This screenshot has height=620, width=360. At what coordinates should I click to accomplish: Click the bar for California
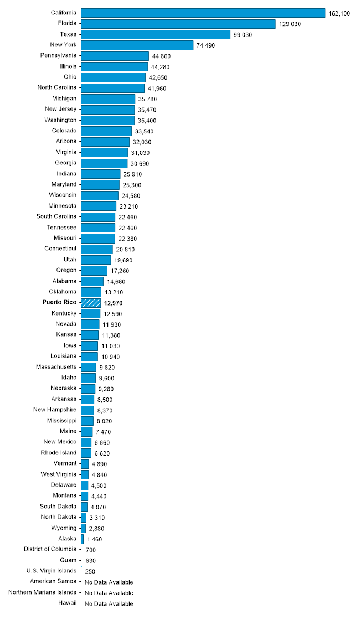(x=203, y=13)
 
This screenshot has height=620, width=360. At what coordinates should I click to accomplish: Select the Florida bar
(x=178, y=24)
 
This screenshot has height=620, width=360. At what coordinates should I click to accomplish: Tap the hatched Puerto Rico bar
(x=91, y=303)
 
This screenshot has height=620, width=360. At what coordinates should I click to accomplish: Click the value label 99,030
(x=243, y=35)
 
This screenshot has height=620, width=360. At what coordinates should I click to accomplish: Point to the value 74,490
(x=206, y=45)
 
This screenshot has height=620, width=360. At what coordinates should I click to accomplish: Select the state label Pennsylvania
(x=58, y=55)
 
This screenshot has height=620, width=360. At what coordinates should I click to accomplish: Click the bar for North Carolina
(x=112, y=88)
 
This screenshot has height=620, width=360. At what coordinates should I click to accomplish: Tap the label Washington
(x=60, y=120)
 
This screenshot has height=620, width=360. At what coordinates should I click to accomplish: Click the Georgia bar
(x=104, y=163)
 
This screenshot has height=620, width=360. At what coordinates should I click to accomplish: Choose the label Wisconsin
(x=61, y=195)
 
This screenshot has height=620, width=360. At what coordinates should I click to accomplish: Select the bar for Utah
(x=96, y=260)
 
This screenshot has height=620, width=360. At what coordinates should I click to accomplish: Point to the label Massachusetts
(x=56, y=366)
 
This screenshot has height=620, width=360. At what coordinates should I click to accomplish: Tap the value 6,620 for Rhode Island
(x=104, y=453)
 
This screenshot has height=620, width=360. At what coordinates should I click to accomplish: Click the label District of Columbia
(x=50, y=549)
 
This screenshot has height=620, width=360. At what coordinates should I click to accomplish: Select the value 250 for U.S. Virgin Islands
(x=90, y=571)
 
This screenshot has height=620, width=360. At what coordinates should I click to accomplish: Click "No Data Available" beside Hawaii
(x=109, y=604)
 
